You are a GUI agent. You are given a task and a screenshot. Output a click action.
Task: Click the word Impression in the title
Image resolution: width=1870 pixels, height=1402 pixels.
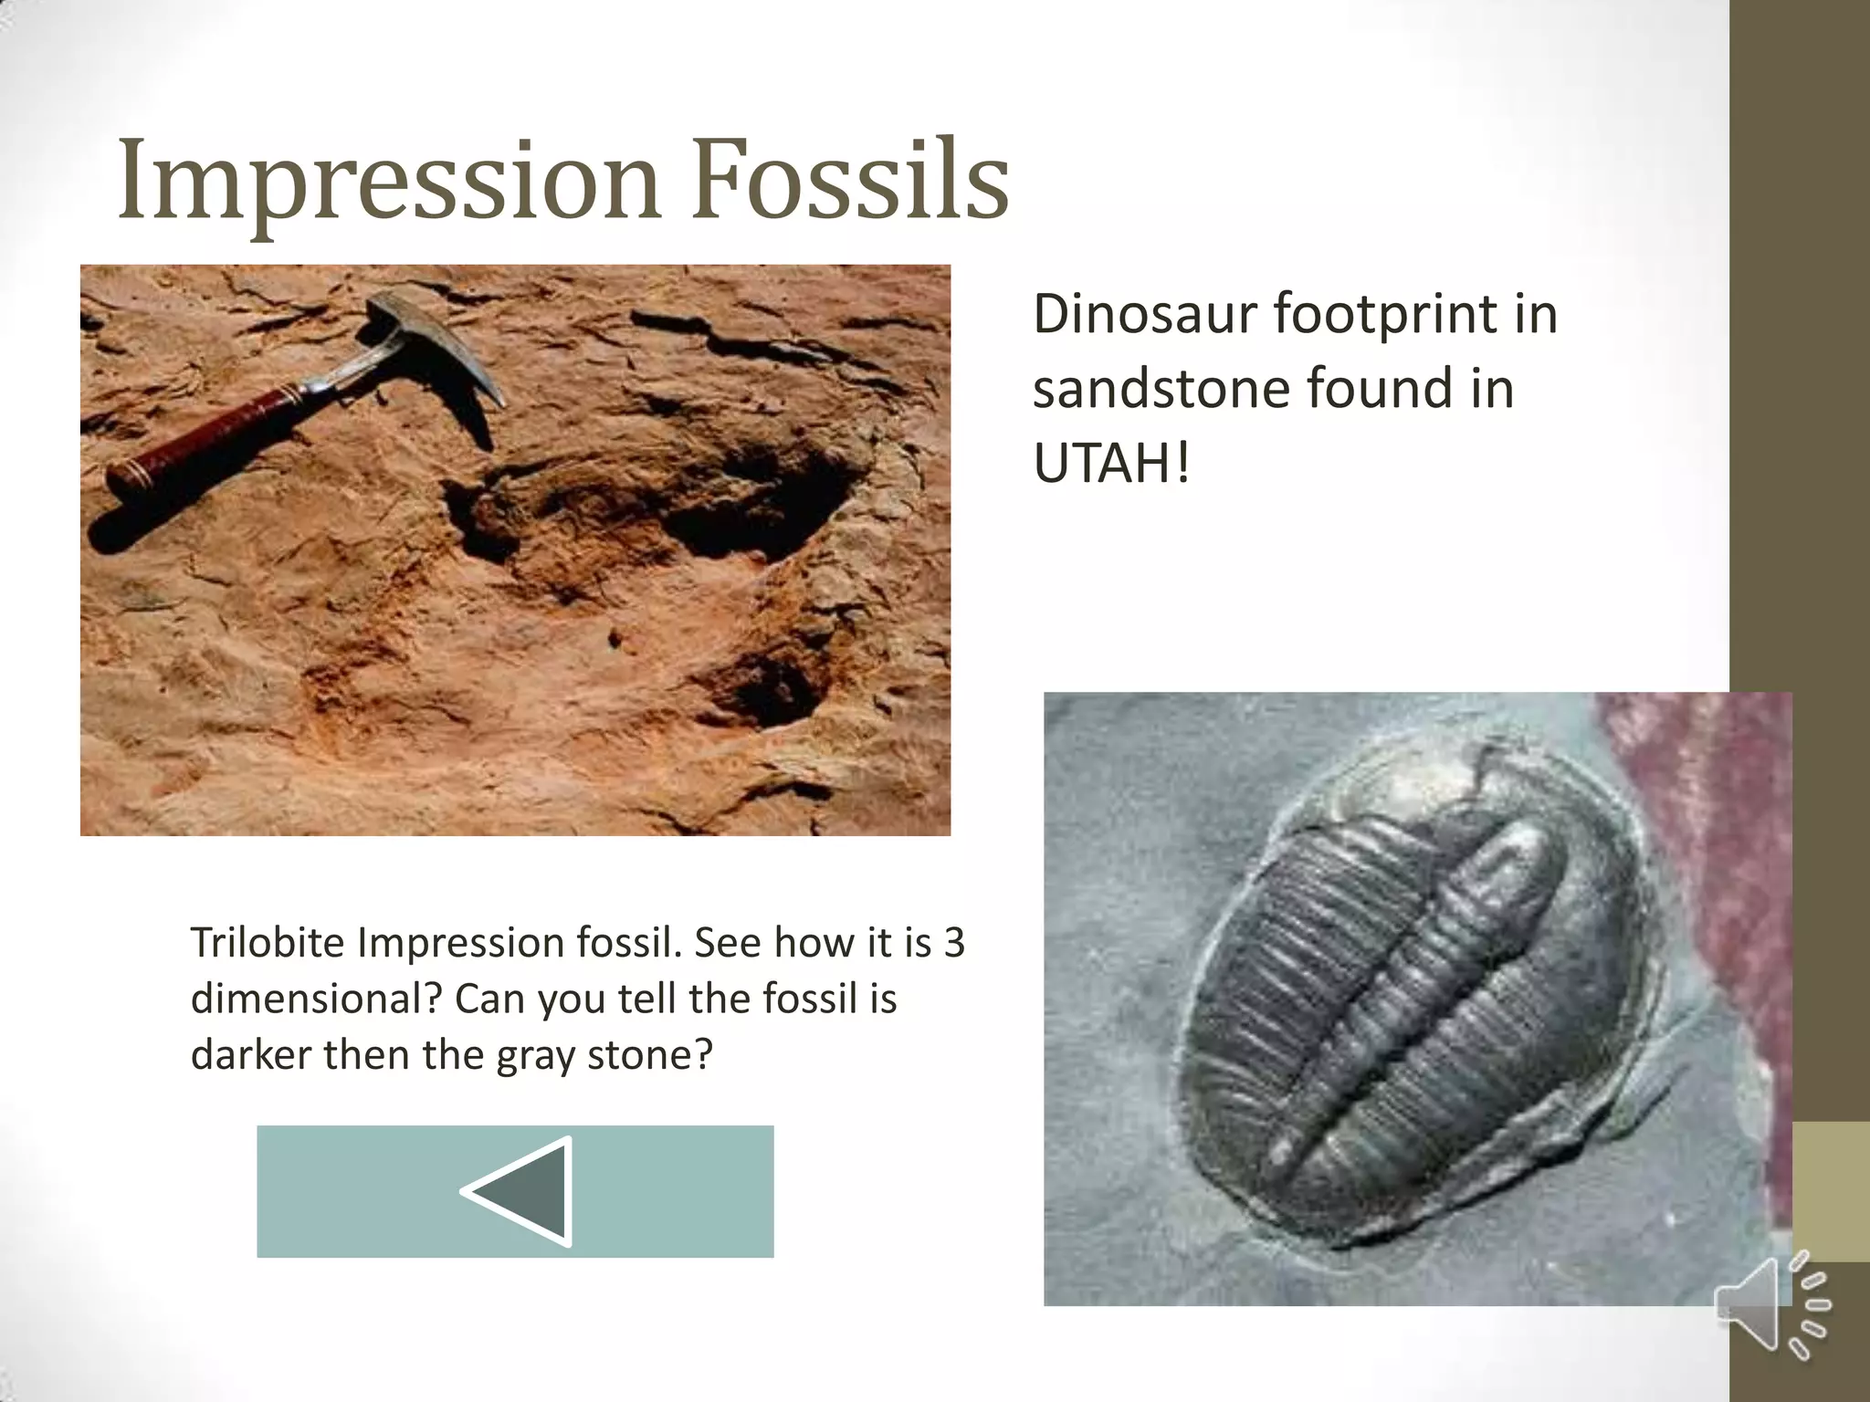tap(388, 180)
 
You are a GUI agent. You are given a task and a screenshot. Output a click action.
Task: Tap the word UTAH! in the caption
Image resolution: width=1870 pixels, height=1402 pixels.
tap(1111, 464)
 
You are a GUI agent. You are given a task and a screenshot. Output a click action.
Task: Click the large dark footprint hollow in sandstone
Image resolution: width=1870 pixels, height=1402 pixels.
tap(749, 511)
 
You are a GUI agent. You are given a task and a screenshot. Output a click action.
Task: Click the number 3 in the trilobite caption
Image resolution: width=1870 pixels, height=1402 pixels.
tap(953, 943)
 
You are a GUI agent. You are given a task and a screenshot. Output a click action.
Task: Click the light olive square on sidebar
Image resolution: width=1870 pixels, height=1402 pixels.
tap(1831, 1191)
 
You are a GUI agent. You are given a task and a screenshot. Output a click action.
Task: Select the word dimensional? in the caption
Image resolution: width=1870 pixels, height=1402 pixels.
tap(315, 999)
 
